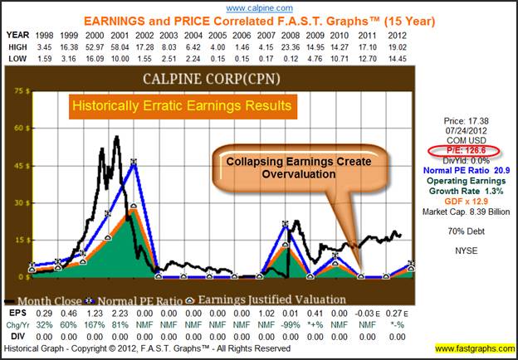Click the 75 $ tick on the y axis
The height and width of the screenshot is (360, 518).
click(x=16, y=93)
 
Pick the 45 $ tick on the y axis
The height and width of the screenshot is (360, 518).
click(x=16, y=166)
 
